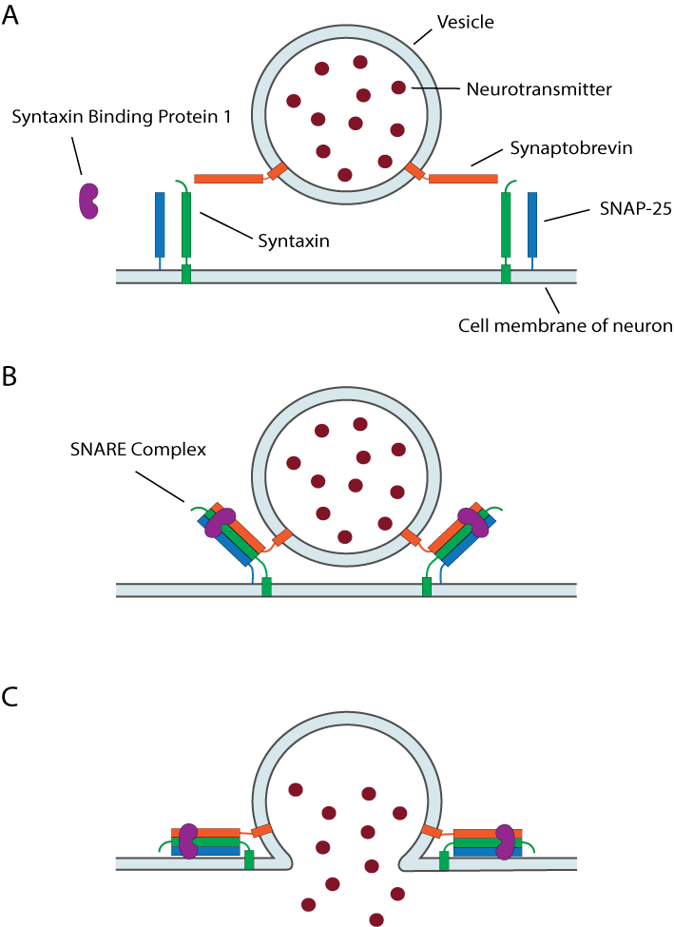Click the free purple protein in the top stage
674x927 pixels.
88,201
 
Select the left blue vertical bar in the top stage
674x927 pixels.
160,224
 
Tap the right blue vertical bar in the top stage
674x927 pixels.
532,224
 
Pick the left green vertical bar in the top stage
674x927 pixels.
186,224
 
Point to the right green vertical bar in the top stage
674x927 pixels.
506,224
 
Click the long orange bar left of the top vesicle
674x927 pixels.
228,179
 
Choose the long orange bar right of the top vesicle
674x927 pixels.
463,179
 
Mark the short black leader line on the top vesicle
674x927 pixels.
428,88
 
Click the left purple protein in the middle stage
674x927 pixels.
220,522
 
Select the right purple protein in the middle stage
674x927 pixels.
473,522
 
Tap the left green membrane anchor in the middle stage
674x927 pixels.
266,587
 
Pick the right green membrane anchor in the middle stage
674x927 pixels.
427,587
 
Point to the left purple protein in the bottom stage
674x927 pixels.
188,841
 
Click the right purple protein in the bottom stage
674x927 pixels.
505,841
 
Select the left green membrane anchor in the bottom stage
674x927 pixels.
249,859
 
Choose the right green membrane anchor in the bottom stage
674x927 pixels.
444,859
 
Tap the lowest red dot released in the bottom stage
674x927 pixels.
376,919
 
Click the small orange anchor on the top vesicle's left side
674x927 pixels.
278,171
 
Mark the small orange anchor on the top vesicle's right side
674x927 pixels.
414,171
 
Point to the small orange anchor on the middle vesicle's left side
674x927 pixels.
282,537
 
